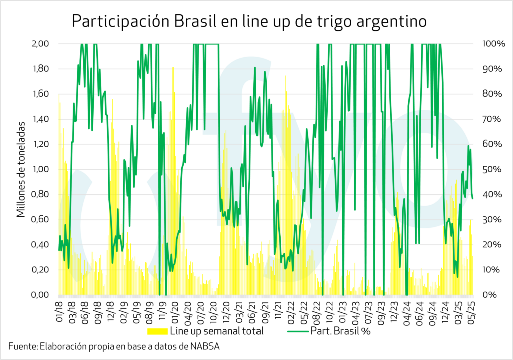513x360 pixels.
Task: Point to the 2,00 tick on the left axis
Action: pos(41,44)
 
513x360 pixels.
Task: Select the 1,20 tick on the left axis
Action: pos(41,144)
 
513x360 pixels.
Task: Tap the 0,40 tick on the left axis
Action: pos(41,245)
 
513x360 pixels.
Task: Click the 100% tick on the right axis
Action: pos(492,44)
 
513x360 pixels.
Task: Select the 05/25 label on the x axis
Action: pos(472,311)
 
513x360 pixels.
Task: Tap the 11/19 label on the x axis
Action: pos(162,311)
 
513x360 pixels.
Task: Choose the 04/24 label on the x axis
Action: pos(407,311)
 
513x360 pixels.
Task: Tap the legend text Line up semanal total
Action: pos(216,331)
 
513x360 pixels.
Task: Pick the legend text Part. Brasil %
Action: pos(341,331)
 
